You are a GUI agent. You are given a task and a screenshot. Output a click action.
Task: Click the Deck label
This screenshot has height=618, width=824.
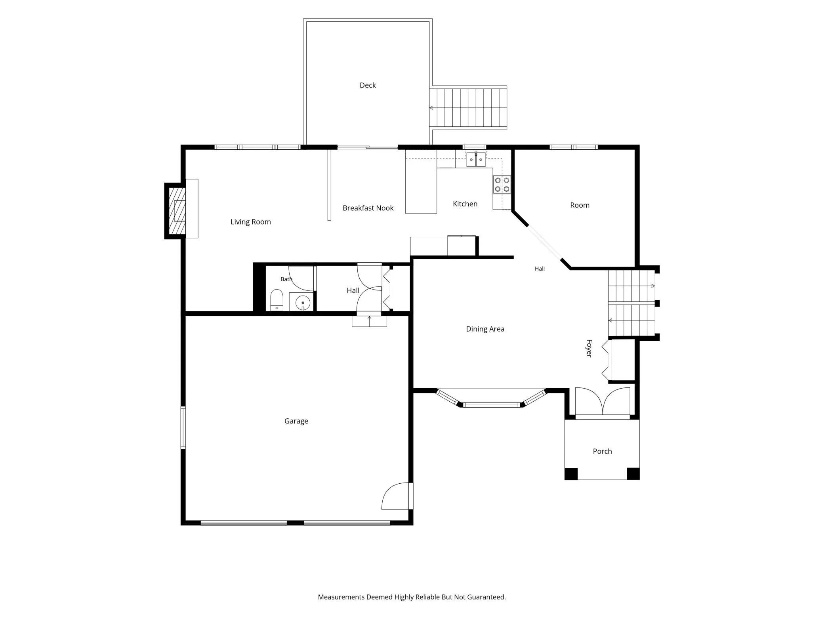click(x=368, y=85)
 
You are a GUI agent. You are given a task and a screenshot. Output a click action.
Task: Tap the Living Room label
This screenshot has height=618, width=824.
click(x=251, y=222)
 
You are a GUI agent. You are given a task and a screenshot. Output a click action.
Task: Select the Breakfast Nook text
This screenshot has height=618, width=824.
click(x=368, y=208)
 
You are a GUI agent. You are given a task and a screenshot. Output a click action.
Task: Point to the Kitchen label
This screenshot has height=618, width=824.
click(x=465, y=204)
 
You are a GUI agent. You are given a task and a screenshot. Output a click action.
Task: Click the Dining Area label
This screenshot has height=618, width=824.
click(x=485, y=329)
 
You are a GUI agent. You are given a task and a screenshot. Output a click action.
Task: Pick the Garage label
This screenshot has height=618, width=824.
click(x=296, y=421)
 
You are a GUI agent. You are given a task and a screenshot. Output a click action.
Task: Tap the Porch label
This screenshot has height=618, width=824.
click(x=603, y=451)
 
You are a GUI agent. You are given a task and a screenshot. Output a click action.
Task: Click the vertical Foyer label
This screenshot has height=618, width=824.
click(x=589, y=349)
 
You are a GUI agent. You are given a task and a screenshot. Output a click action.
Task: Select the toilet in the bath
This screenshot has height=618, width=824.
click(x=277, y=300)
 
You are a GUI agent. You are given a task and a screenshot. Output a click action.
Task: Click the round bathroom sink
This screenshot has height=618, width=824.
click(x=303, y=303)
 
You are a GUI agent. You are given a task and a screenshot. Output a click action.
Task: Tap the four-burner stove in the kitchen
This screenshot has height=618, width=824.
click(x=502, y=185)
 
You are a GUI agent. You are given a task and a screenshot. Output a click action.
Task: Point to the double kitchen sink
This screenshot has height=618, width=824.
click(x=476, y=159)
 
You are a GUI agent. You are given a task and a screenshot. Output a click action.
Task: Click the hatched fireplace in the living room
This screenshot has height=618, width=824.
click(x=177, y=210)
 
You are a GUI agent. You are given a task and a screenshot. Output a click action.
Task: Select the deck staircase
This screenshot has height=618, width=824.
click(x=468, y=108)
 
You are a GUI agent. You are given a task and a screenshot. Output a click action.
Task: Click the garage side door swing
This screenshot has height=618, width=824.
click(x=395, y=496)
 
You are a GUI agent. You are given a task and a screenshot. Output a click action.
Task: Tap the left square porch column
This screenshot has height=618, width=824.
click(x=571, y=474)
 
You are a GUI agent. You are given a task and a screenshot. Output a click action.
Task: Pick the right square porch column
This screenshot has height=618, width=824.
click(x=633, y=474)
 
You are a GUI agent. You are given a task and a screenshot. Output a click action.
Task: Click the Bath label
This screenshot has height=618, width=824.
click(x=286, y=279)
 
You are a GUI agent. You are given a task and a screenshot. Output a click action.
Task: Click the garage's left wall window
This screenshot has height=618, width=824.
click(x=183, y=427)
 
